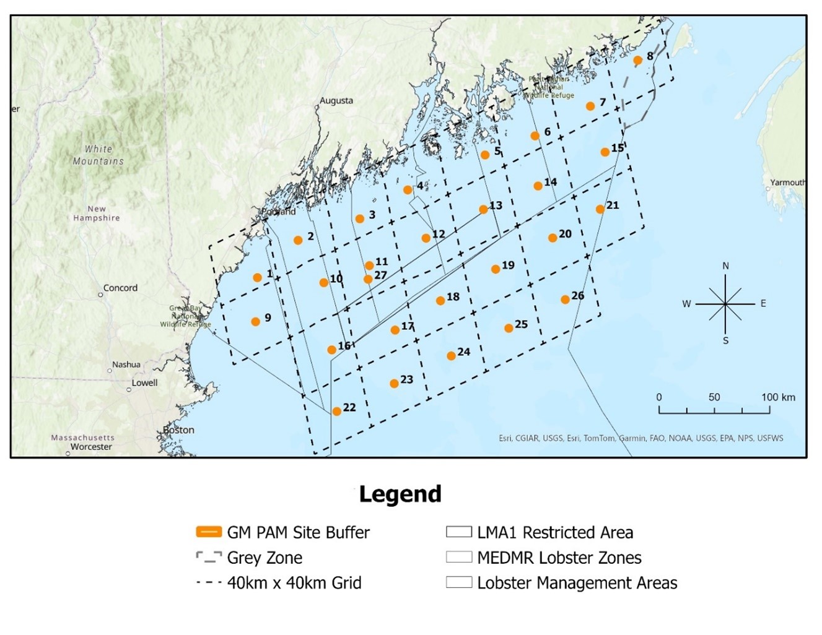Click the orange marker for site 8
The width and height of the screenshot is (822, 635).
[x=637, y=60]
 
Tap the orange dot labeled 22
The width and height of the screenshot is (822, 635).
[x=336, y=412]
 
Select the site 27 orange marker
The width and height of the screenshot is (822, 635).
[x=368, y=279]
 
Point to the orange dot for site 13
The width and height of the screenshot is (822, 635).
[x=483, y=210]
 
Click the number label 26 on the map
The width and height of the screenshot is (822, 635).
[x=578, y=296]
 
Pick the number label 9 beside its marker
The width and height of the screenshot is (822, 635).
[x=268, y=317]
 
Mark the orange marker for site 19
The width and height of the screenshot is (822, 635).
[x=496, y=269]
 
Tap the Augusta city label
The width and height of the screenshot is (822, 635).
[x=336, y=100]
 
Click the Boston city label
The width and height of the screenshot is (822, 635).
[x=179, y=430]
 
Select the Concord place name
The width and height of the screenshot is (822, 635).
[x=120, y=288]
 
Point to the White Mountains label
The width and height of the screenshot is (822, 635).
[x=98, y=155]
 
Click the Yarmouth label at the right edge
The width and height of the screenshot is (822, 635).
[x=787, y=183]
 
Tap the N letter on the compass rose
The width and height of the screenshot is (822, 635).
[x=725, y=266]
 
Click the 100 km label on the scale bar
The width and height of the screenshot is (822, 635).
[x=778, y=397]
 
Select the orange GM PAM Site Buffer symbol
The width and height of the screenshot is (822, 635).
[x=209, y=532]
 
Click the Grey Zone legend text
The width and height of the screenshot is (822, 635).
[x=265, y=558]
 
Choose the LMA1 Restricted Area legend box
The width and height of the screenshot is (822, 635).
[x=459, y=532]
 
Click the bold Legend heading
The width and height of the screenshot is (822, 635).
[x=400, y=495]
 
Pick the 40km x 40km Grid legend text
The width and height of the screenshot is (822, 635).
[x=294, y=583]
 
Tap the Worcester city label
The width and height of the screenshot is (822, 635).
[x=91, y=447]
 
